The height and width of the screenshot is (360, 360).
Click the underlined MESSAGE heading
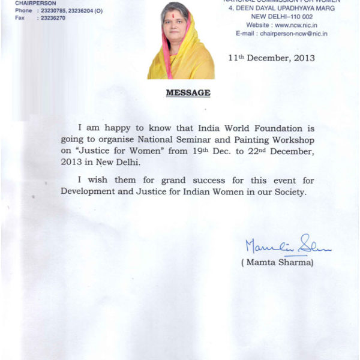coord(188,93)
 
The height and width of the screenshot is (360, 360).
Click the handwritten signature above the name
coord(287,245)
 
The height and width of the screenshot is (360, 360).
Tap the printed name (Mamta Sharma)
coord(277,262)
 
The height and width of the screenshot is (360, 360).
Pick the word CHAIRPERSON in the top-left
coord(36,3)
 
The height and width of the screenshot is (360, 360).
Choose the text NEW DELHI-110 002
coord(293,17)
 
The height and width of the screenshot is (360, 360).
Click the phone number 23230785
coord(53,11)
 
